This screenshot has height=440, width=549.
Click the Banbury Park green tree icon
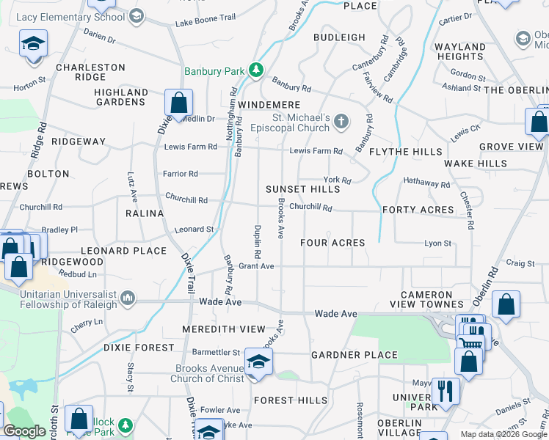point(255,71)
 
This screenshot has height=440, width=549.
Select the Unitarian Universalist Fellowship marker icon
point(128,298)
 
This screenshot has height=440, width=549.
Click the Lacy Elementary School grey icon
point(136,16)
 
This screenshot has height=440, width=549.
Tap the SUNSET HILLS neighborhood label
point(303,189)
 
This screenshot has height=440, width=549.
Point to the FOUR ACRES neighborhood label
point(332,243)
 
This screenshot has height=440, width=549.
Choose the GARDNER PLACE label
point(354,355)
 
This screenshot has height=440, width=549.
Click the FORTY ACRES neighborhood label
point(418,210)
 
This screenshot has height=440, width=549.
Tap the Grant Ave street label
point(256,266)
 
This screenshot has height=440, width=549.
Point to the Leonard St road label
point(194,230)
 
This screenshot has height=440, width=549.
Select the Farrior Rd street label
point(181,174)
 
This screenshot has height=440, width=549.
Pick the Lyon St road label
point(437,243)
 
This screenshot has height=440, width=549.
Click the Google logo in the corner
point(24,432)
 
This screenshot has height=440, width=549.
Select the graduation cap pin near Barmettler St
point(258,361)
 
